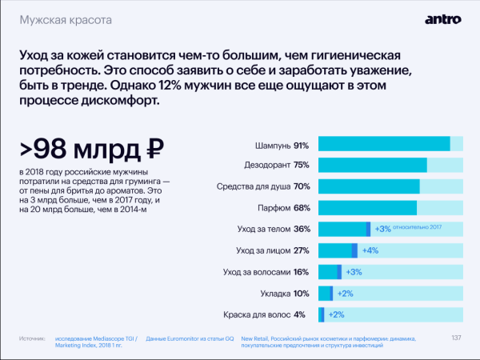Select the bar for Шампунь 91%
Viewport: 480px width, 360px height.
click(x=384, y=144)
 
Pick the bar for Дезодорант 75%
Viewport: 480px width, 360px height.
click(x=373, y=166)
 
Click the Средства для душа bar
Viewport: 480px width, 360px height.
click(x=369, y=186)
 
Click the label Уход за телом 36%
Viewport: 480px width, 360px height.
click(x=273, y=229)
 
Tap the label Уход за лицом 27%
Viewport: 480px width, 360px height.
click(x=273, y=250)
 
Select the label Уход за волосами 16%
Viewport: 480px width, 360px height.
click(x=267, y=272)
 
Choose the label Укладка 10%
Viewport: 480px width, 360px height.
click(x=285, y=293)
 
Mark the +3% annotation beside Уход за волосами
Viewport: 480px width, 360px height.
click(x=354, y=272)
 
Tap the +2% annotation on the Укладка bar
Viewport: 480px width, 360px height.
click(x=345, y=293)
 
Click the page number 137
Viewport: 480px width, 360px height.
click(x=456, y=337)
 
